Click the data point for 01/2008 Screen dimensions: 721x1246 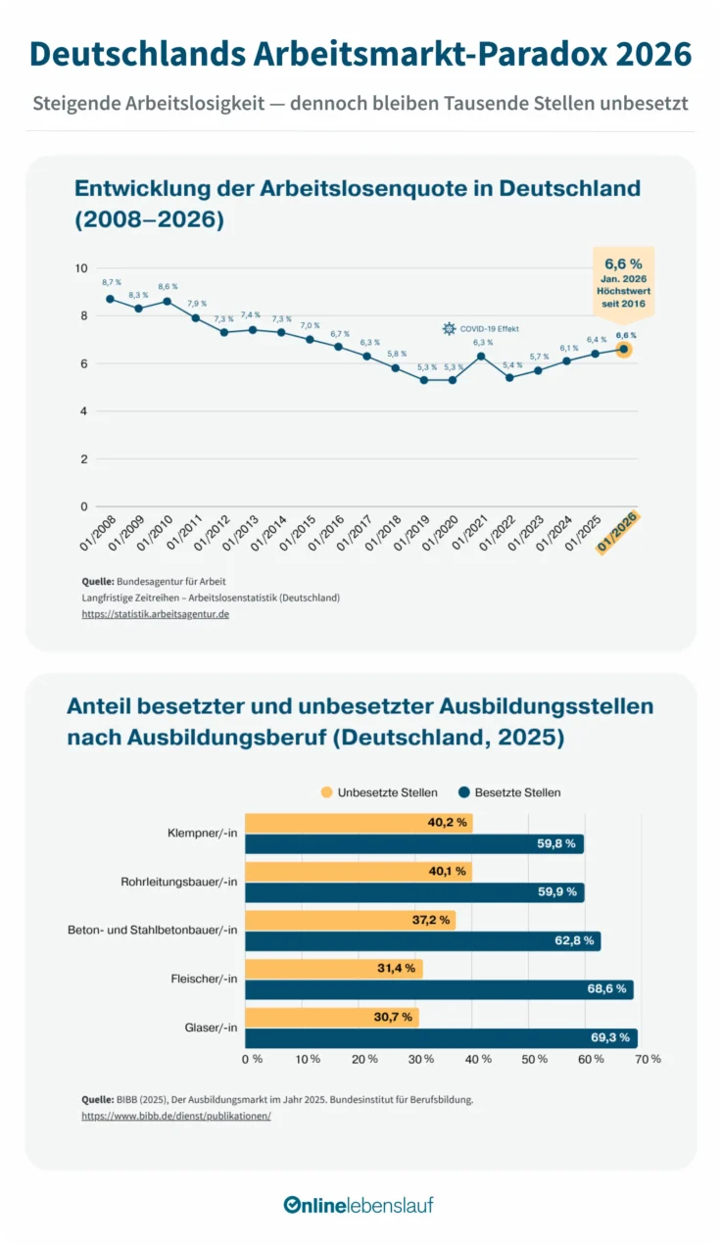pyautogui.click(x=110, y=299)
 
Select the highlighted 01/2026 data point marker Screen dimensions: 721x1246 pyautogui.click(x=624, y=350)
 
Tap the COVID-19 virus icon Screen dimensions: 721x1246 pyautogui.click(x=449, y=329)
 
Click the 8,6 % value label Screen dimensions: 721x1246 pyautogui.click(x=168, y=286)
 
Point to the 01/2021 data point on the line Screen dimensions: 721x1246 pyautogui.click(x=481, y=356)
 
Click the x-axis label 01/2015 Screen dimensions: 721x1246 pyautogui.click(x=298, y=533)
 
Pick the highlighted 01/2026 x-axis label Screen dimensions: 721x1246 pyautogui.click(x=617, y=532)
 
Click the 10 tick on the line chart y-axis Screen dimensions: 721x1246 pyautogui.click(x=81, y=268)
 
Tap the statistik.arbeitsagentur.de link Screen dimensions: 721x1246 pyautogui.click(x=155, y=614)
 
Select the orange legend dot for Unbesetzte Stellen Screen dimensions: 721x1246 pyautogui.click(x=326, y=792)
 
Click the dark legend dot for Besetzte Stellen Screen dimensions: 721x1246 pyautogui.click(x=464, y=792)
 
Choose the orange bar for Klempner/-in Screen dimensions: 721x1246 pyautogui.click(x=359, y=823)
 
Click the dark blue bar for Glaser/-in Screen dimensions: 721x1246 pyautogui.click(x=441, y=1038)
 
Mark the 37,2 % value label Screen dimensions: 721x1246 pyautogui.click(x=431, y=920)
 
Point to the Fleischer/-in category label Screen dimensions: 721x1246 pyautogui.click(x=204, y=979)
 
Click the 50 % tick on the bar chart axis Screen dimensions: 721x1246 pyautogui.click(x=534, y=1059)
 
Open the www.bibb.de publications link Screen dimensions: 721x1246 pyautogui.click(x=176, y=1116)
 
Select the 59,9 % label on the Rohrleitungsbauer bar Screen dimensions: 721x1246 pyautogui.click(x=556, y=891)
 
